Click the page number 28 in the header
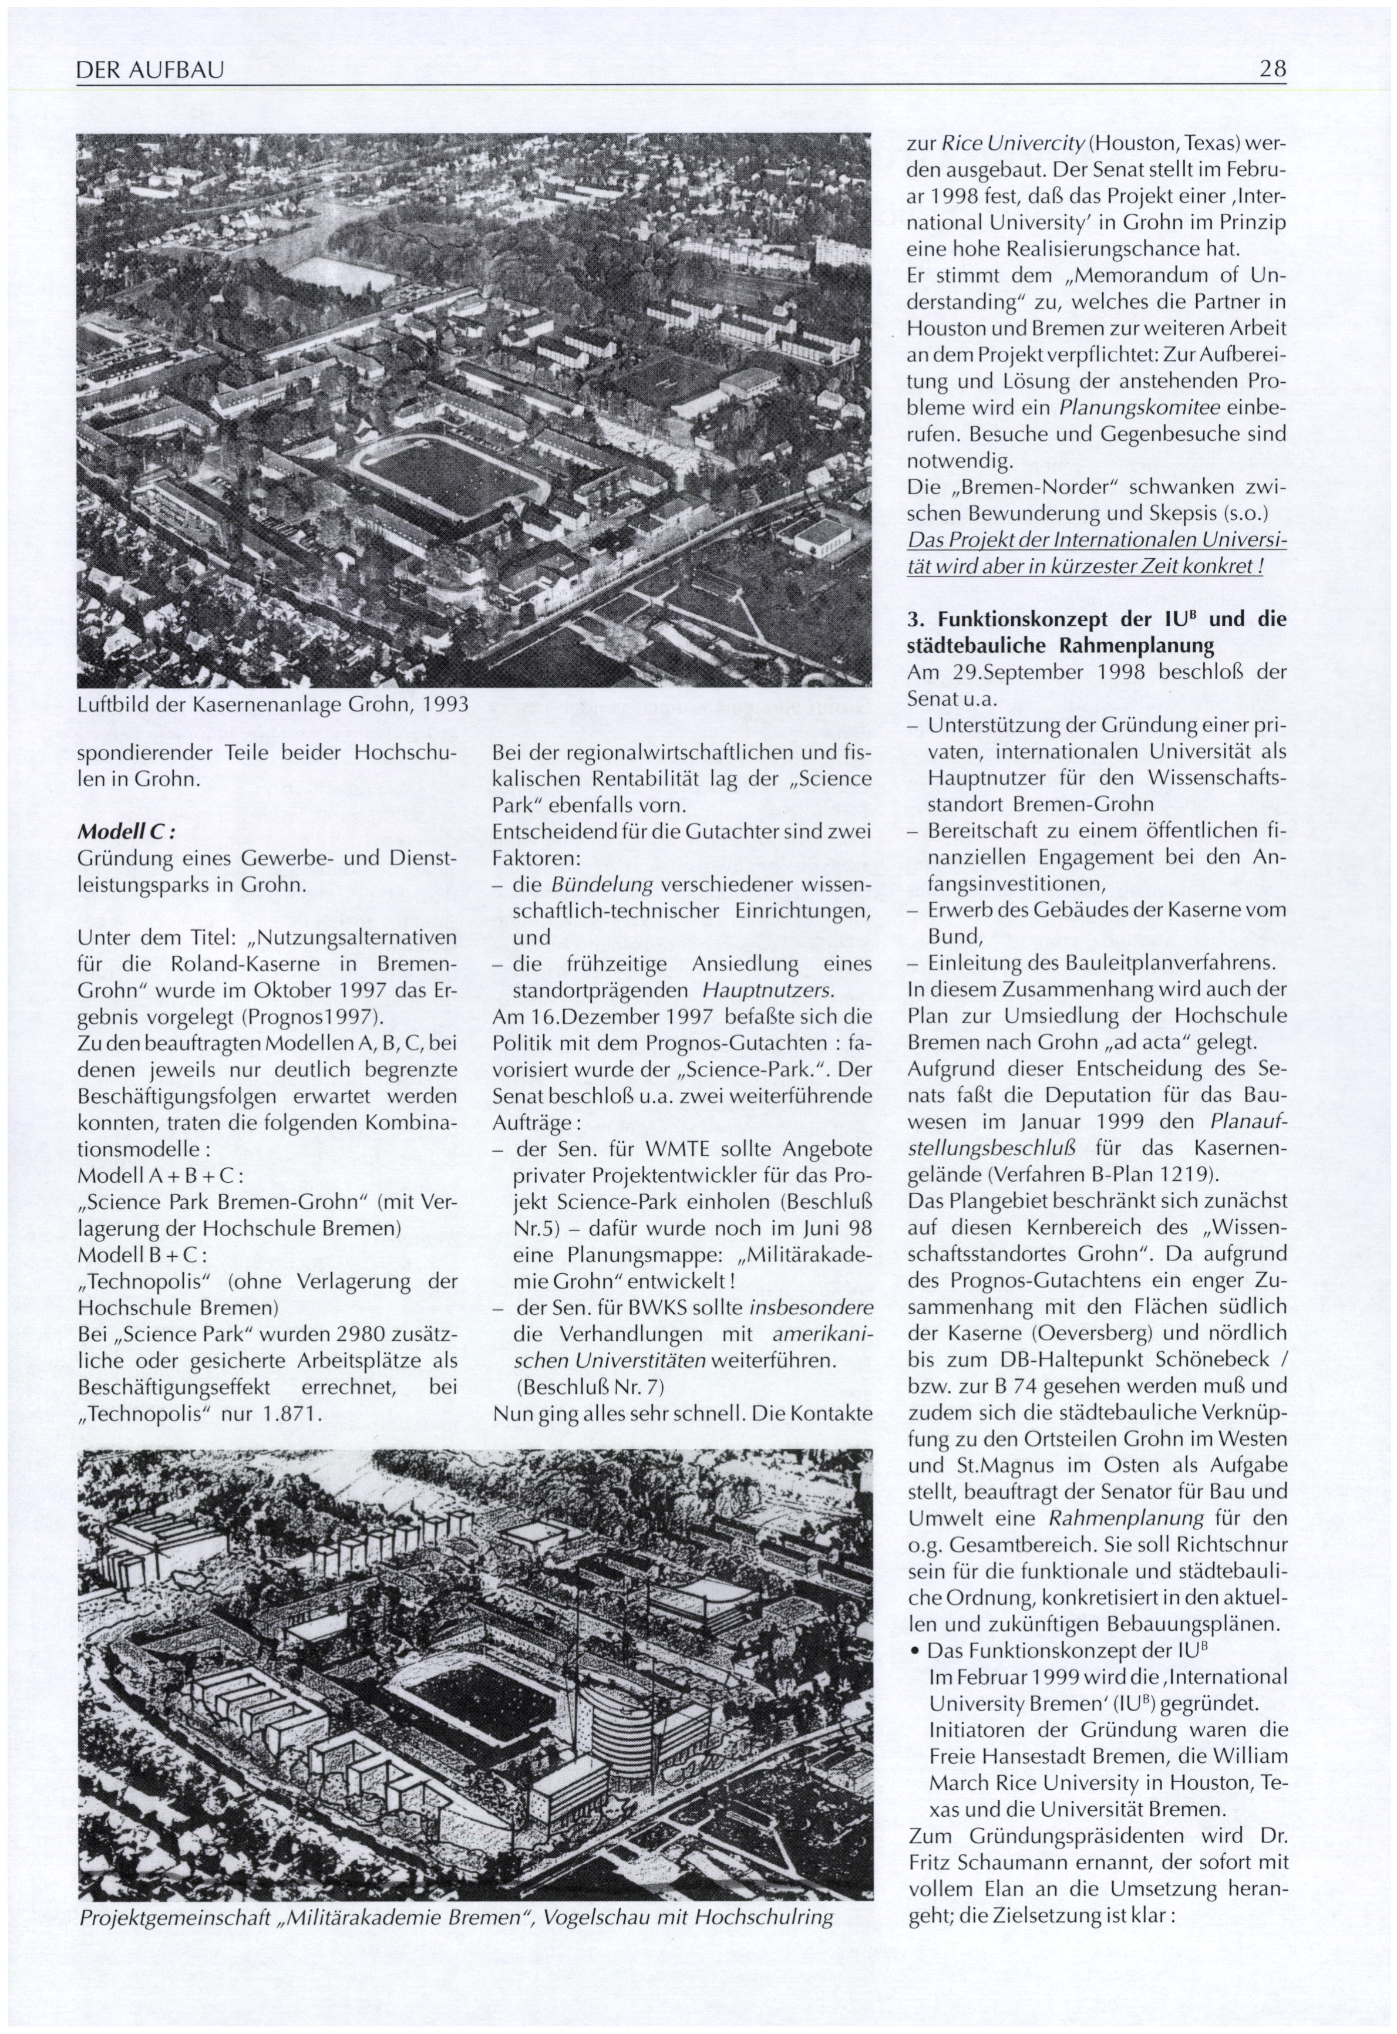point(1272,68)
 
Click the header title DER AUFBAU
point(150,69)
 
